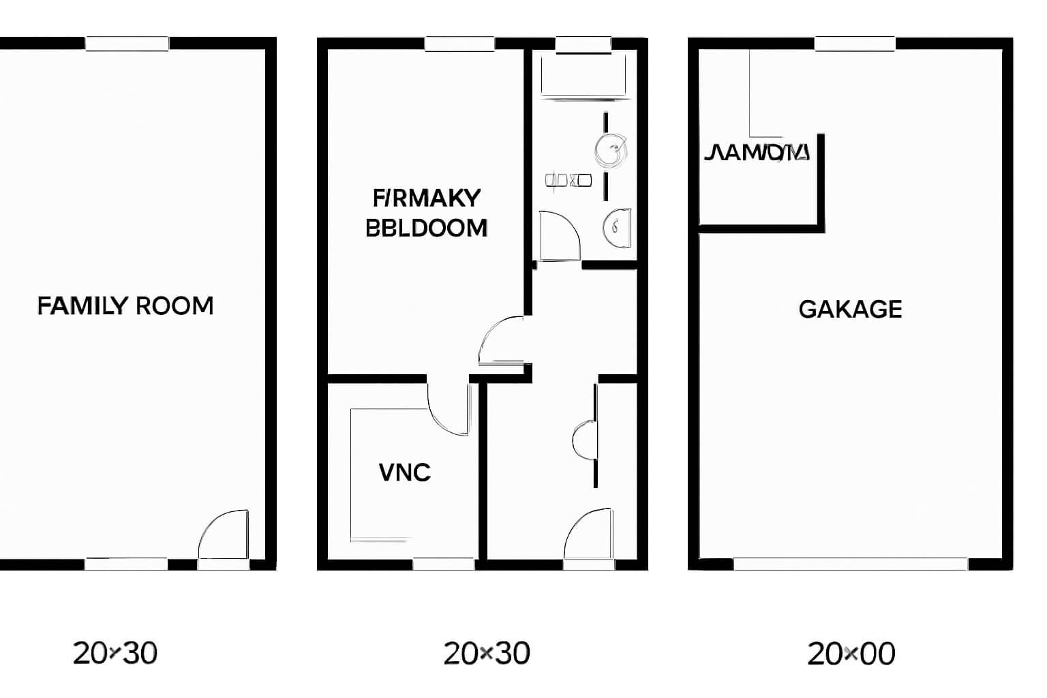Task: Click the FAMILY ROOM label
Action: (x=125, y=306)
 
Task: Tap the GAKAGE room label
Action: (x=850, y=309)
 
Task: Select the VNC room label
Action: (x=405, y=472)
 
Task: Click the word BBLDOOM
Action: (x=427, y=228)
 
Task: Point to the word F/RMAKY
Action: (x=427, y=198)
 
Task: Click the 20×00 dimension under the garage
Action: (x=851, y=654)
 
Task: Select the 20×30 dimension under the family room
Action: (x=115, y=653)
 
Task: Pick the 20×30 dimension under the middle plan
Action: (x=487, y=653)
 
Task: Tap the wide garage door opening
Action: (x=850, y=564)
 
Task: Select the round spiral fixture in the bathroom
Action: (x=610, y=151)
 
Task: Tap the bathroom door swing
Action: (x=559, y=236)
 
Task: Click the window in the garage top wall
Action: (x=854, y=44)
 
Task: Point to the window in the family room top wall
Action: (x=127, y=44)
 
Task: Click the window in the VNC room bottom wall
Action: (x=444, y=564)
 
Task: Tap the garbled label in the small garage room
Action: (x=757, y=152)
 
